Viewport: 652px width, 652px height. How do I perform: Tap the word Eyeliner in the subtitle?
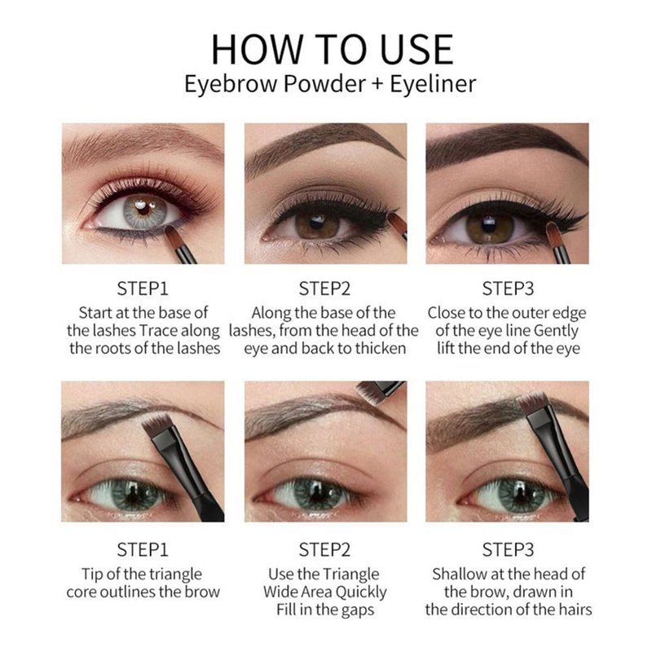433,84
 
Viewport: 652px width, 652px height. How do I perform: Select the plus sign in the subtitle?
377,84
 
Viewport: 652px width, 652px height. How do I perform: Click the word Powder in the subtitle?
324,84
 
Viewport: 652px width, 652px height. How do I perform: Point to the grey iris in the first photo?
144,211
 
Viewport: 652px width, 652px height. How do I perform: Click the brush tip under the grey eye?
174,236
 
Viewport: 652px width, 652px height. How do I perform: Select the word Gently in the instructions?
556,332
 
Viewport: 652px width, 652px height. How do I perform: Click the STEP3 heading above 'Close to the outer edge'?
508,289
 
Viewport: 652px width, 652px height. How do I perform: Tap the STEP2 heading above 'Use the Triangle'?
324,549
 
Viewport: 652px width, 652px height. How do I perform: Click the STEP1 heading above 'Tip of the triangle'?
143,549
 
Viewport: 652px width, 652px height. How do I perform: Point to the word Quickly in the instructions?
361,593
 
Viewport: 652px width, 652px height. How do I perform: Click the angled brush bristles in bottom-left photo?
156,423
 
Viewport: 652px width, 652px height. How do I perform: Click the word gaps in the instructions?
358,610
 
